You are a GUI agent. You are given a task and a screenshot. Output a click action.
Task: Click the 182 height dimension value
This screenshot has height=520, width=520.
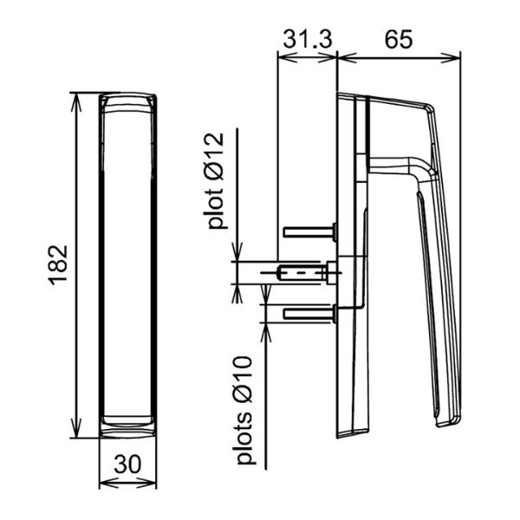(x=59, y=265)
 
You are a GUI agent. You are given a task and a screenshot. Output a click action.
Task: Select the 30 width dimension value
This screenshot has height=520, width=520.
(x=127, y=465)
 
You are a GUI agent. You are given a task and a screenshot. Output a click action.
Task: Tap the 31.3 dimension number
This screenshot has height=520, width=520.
(x=308, y=39)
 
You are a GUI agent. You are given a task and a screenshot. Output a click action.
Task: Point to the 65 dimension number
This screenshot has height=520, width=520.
(x=399, y=39)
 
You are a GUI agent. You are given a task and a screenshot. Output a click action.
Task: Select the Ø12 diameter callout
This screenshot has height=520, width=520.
(x=215, y=157)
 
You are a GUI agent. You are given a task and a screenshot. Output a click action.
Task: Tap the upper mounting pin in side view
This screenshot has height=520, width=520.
(x=310, y=231)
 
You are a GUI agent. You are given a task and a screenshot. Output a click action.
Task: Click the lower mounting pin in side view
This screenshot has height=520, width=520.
(x=310, y=314)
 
